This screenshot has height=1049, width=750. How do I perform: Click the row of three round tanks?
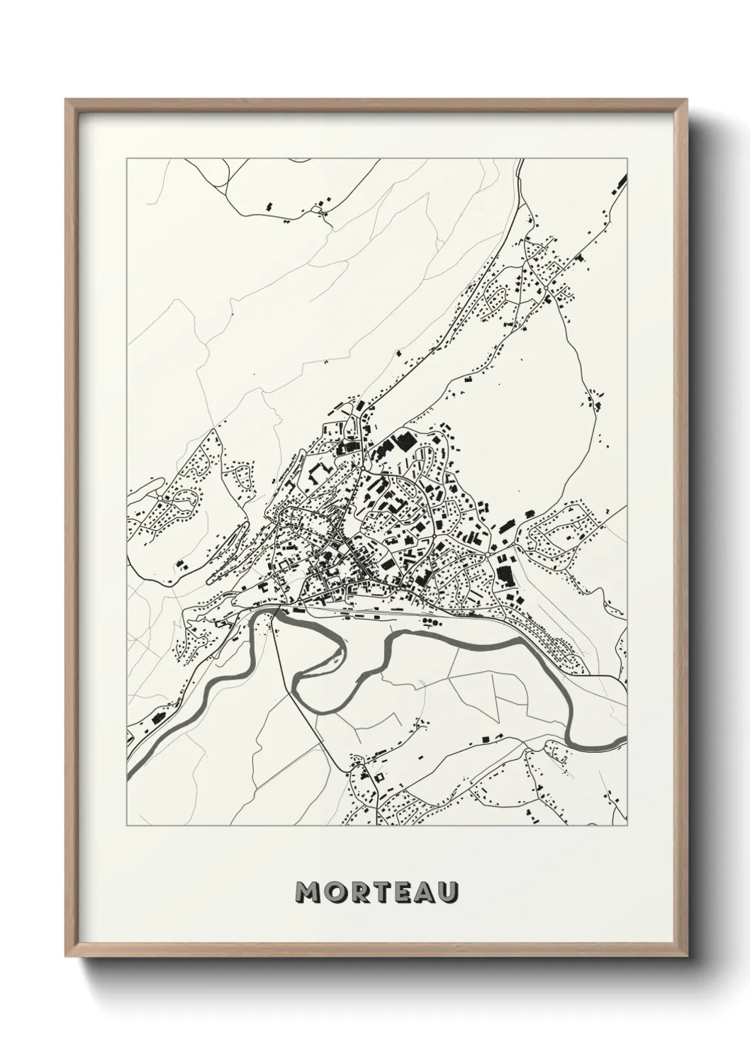click(430, 622)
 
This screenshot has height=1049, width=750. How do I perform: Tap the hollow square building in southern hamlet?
click(378, 778)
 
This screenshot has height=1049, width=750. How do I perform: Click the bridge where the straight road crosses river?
click(274, 611)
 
